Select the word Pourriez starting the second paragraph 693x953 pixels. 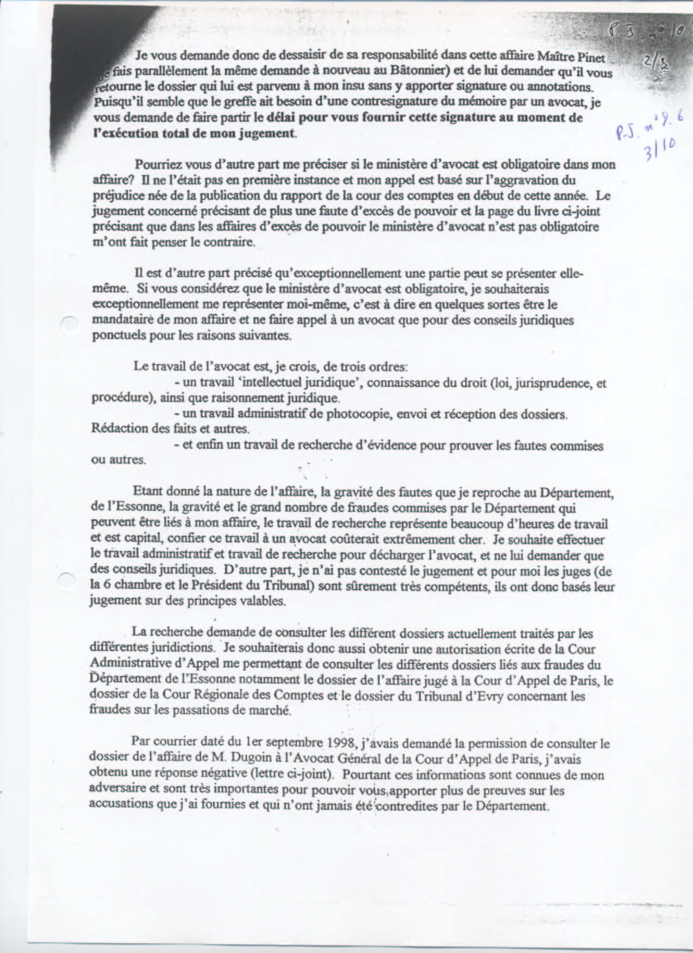[157, 165]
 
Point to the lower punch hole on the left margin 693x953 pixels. [66, 580]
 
